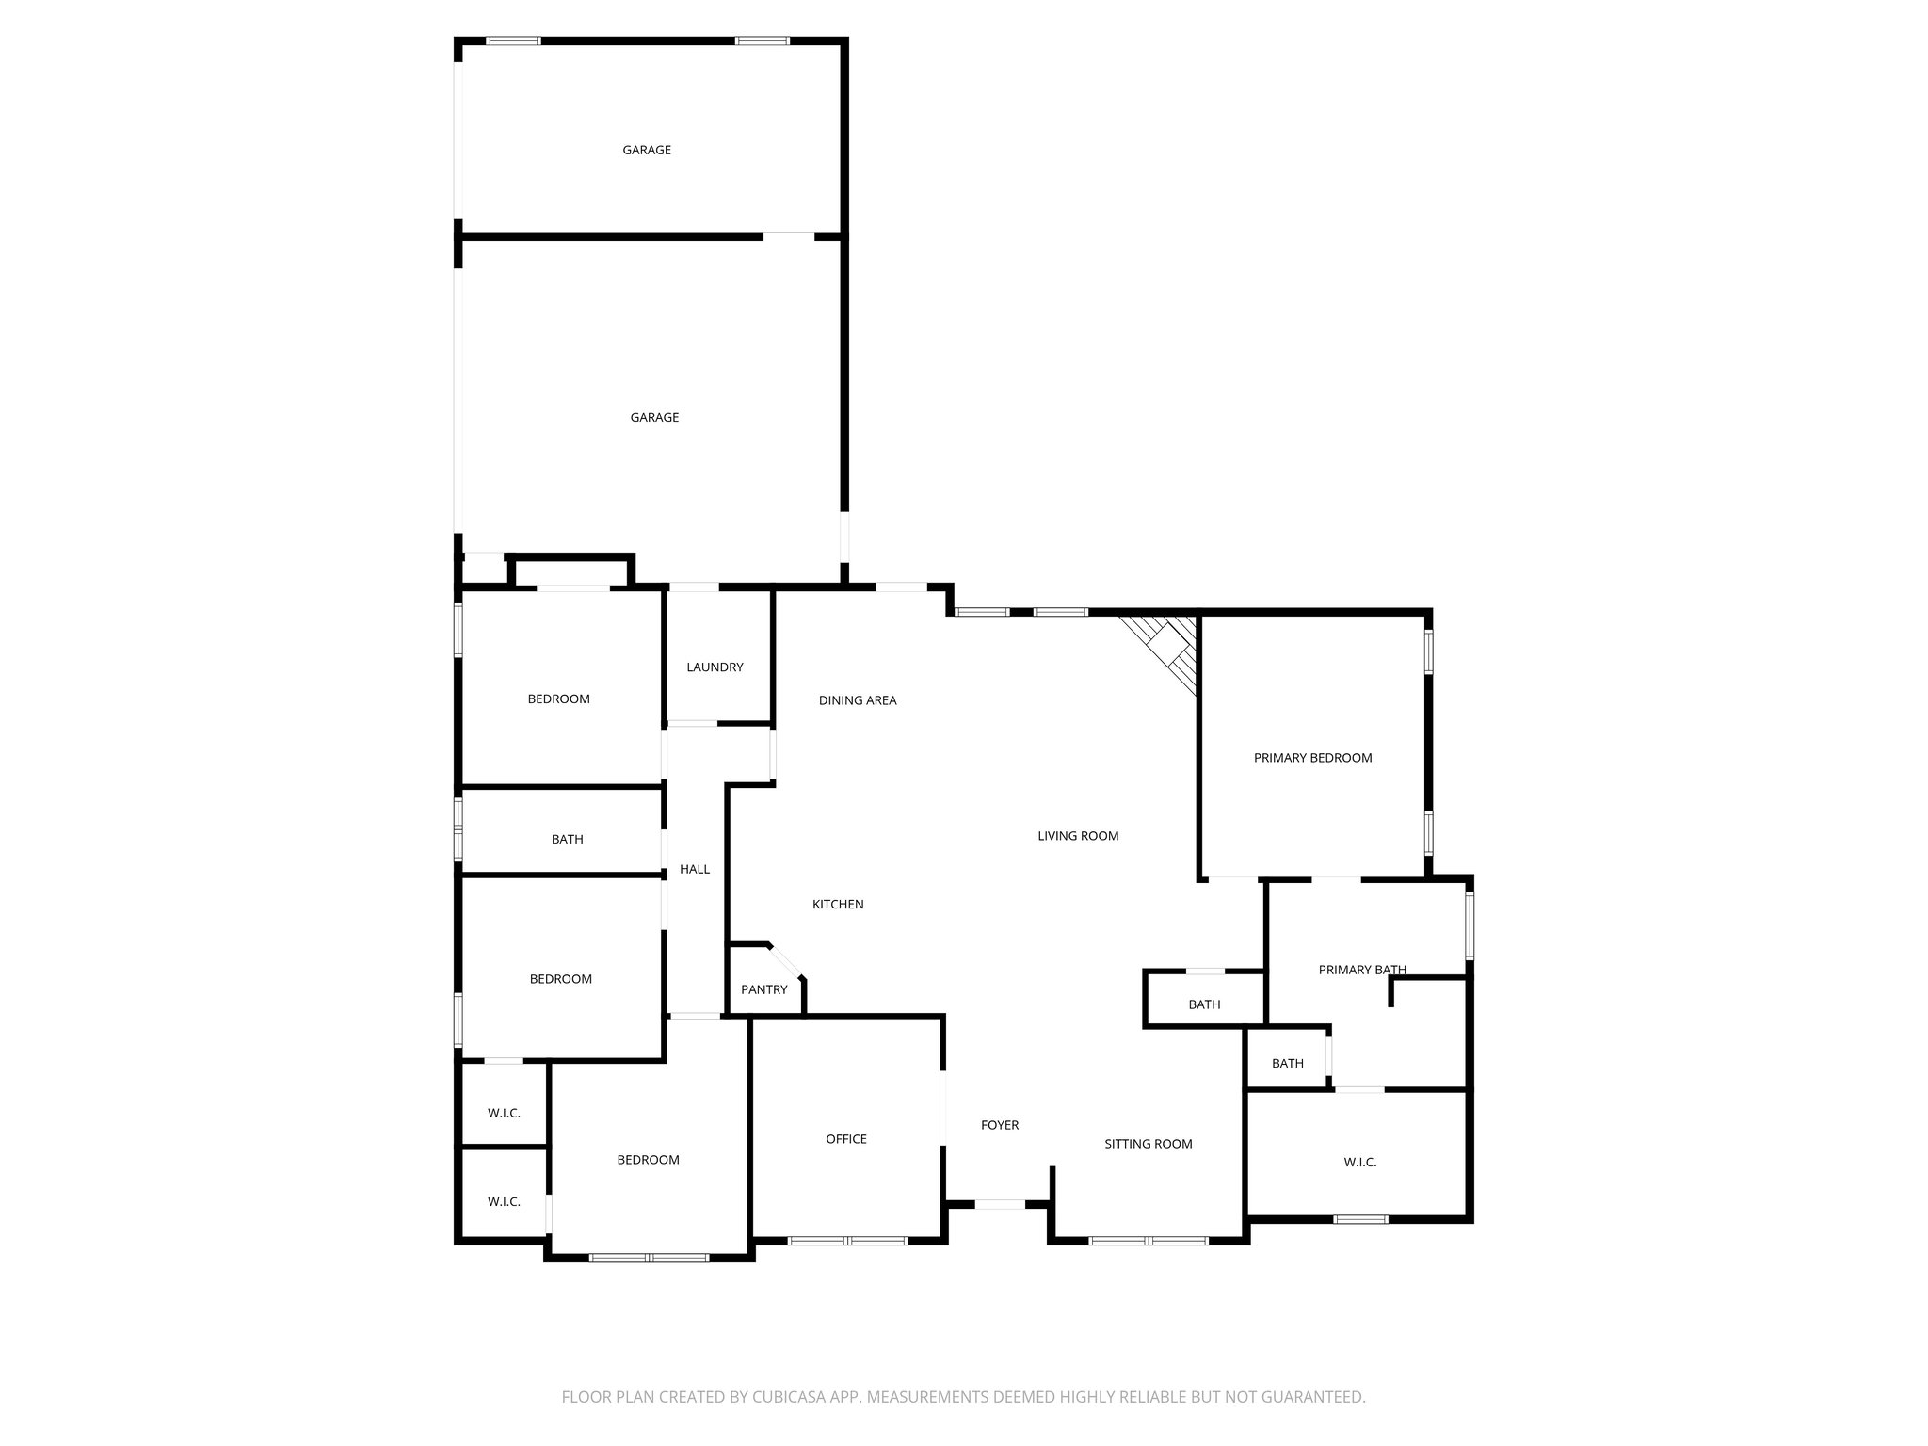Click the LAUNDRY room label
pyautogui.click(x=715, y=667)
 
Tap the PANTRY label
pyautogui.click(x=763, y=989)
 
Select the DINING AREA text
pyautogui.click(x=857, y=700)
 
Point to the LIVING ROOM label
pyautogui.click(x=1078, y=836)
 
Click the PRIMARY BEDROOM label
pyautogui.click(x=1312, y=758)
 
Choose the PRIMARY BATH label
pyautogui.click(x=1362, y=970)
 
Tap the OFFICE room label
pyautogui.click(x=845, y=1139)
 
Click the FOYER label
pyautogui.click(x=999, y=1125)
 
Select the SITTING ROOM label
pyautogui.click(x=1148, y=1144)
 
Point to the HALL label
pyautogui.click(x=695, y=869)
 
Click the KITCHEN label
pyautogui.click(x=838, y=905)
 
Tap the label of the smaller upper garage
pyautogui.click(x=647, y=150)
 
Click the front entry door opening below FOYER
pyautogui.click(x=999, y=1204)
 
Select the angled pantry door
pyautogui.click(x=786, y=961)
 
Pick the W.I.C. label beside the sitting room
pyautogui.click(x=1359, y=1163)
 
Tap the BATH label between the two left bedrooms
pyautogui.click(x=567, y=839)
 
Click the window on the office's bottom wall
pyautogui.click(x=846, y=1241)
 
